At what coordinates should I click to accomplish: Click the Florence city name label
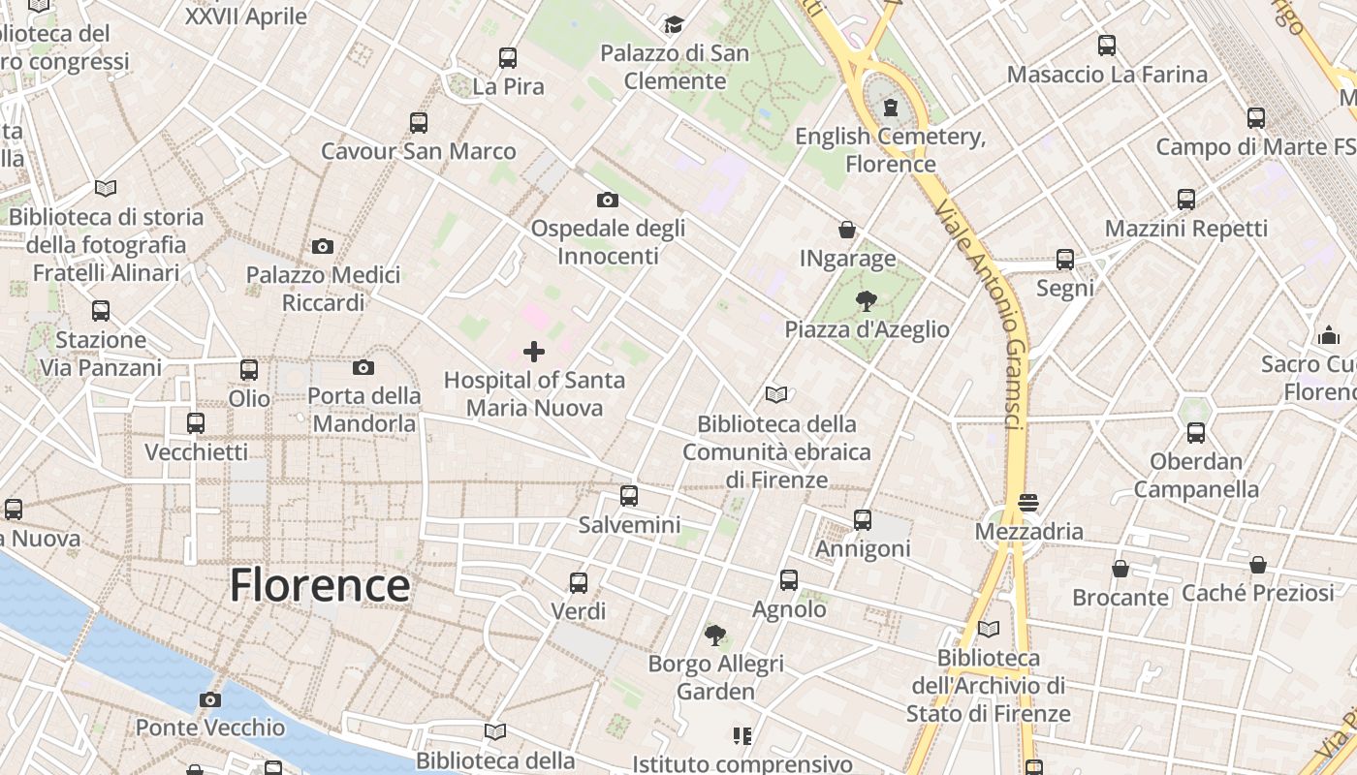320,586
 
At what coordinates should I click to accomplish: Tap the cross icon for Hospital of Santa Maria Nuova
534,352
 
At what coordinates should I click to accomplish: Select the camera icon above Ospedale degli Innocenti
608,201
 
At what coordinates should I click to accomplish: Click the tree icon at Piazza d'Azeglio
867,301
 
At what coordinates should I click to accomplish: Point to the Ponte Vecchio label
210,728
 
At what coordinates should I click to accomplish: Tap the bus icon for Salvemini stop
629,496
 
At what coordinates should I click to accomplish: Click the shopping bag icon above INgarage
847,231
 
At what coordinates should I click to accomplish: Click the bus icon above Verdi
579,583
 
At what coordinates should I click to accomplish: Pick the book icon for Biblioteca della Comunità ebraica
776,395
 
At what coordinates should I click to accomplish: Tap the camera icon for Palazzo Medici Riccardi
323,247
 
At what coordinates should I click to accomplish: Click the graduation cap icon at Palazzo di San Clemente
674,24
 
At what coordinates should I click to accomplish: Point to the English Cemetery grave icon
891,108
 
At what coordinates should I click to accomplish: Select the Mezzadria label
1028,532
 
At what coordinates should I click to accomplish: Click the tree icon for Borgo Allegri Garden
715,635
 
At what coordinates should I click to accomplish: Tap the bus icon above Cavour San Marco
419,123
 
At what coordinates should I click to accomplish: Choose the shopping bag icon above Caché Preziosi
1258,565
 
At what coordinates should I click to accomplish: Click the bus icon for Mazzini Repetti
1186,200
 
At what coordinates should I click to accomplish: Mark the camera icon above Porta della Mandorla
363,367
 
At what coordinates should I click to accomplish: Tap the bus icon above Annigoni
863,520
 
